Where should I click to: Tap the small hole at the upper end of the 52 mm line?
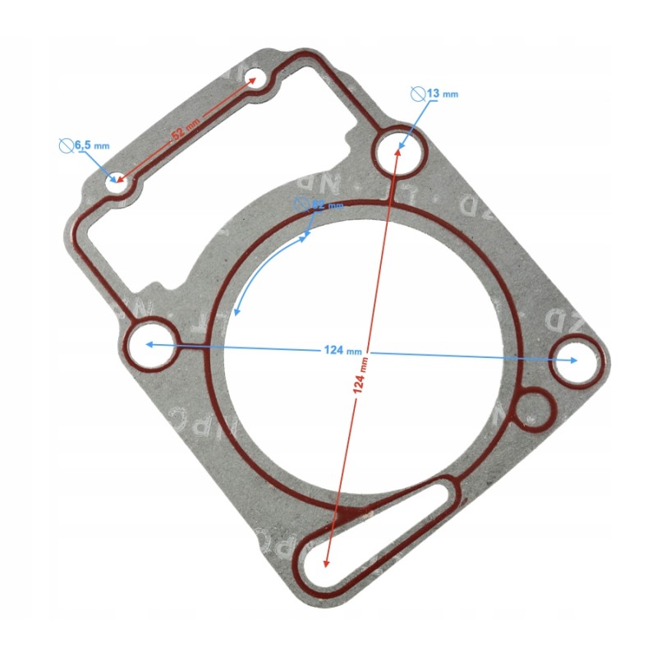click(x=257, y=81)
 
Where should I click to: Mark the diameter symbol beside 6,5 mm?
click(x=67, y=145)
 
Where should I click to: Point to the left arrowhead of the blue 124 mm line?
click(x=149, y=345)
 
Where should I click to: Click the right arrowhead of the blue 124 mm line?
click(x=574, y=360)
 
